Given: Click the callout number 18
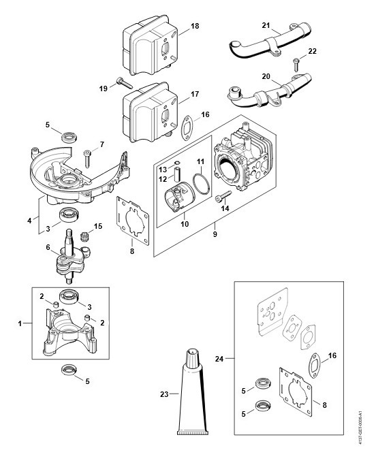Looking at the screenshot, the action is (x=195, y=26).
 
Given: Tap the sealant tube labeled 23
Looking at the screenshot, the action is (x=193, y=392).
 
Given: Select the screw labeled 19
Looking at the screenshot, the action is (x=125, y=82).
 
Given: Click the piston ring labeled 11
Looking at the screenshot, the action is (x=202, y=185).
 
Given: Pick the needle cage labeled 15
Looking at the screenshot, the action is (x=84, y=236).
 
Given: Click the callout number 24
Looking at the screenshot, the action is (x=219, y=359).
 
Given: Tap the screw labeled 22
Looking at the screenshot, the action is (x=296, y=65).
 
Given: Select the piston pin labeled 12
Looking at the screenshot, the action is (x=176, y=174).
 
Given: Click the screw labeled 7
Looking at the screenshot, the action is (x=87, y=159).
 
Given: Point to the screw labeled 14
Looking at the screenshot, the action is (x=223, y=197).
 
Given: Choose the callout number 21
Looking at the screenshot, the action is (x=266, y=25).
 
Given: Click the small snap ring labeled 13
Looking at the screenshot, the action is (x=176, y=162).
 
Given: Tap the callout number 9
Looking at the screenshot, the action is (x=215, y=234).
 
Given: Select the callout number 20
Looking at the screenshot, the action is (x=266, y=76).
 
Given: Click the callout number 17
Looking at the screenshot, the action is (x=195, y=94).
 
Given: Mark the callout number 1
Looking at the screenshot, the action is (x=20, y=323).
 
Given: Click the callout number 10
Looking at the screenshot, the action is (x=185, y=224).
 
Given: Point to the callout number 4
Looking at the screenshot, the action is (x=29, y=221).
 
